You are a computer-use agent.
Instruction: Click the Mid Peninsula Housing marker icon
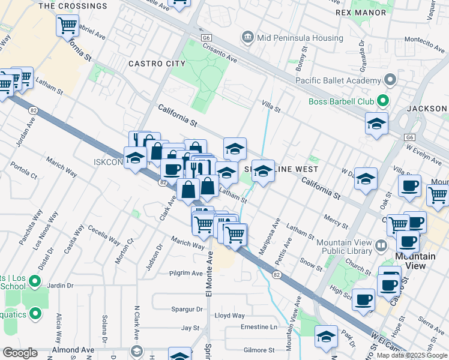coord(247,38)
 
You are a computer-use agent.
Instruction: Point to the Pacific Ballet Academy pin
coord(390,80)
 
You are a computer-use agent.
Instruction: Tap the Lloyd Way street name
coord(230,315)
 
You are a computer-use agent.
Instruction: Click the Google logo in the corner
coord(20,353)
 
